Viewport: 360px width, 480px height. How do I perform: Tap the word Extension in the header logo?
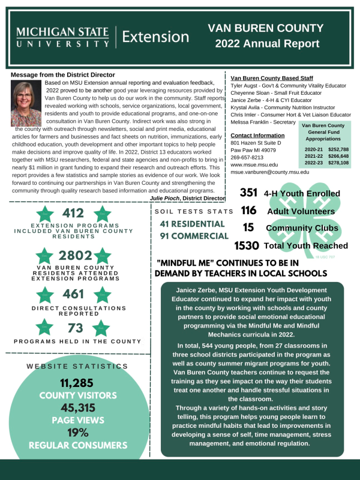click(x=155, y=37)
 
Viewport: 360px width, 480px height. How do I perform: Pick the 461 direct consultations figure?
click(x=73, y=295)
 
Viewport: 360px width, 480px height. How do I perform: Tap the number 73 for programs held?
click(x=75, y=328)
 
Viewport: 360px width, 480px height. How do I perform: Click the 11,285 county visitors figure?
click(x=77, y=383)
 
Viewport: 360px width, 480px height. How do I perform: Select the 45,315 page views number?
click(x=77, y=408)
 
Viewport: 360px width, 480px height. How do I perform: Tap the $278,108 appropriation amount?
click(x=338, y=163)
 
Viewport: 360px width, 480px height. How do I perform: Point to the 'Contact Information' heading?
click(x=257, y=136)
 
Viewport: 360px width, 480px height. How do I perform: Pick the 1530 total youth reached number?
click(x=247, y=245)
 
